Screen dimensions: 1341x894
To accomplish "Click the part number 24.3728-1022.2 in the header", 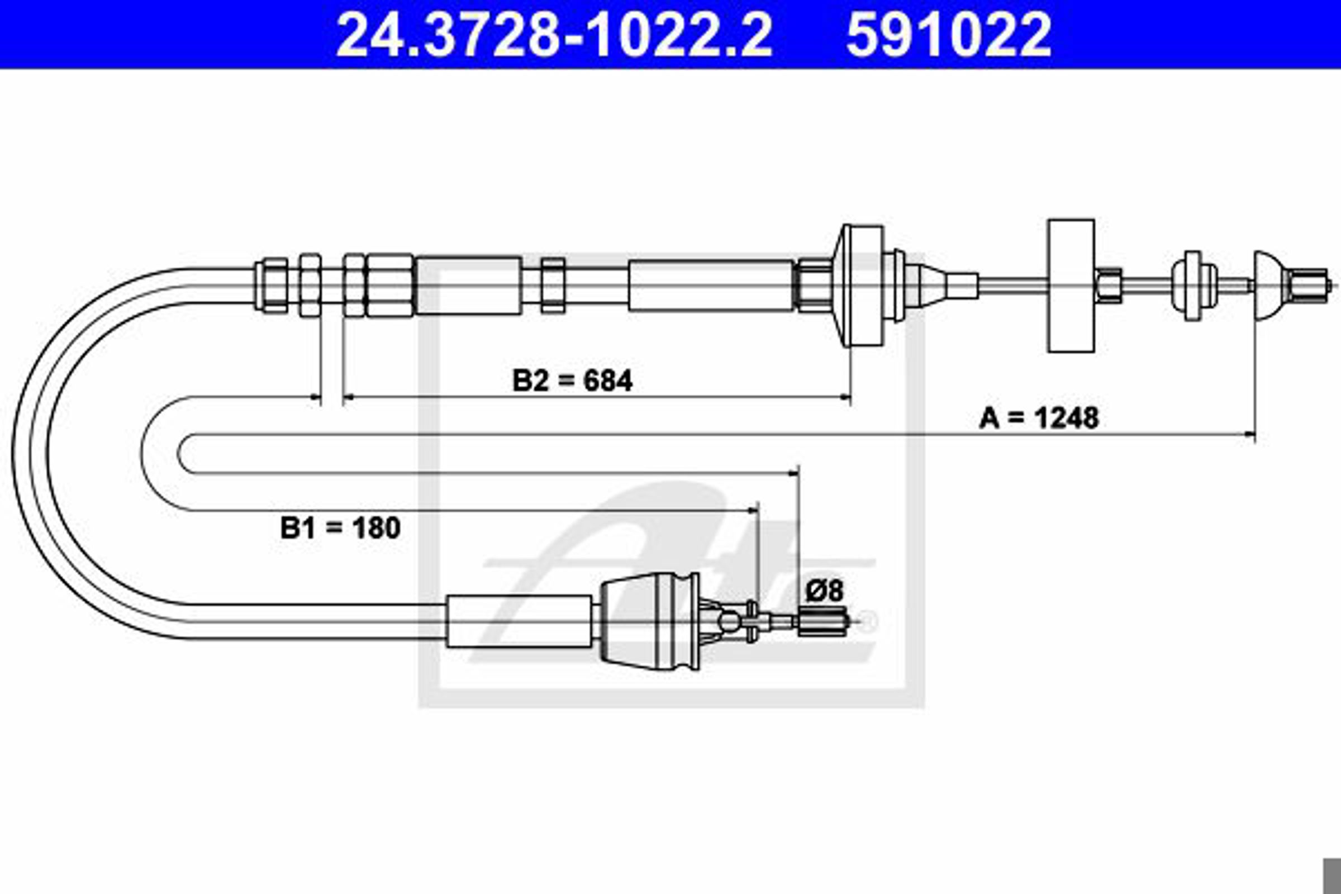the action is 554,35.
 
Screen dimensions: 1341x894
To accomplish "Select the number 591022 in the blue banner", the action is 949,35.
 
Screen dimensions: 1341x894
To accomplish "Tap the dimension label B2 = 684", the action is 572,381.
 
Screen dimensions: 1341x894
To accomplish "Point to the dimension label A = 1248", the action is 1039,418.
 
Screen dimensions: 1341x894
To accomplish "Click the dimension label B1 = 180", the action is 340,528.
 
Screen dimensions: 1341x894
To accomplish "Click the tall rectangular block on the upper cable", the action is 1071,286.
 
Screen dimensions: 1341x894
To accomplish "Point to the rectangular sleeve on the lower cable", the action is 519,622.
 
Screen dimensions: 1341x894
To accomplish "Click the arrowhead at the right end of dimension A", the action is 1249,436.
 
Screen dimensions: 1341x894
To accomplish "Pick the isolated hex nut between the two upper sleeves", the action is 553,286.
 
